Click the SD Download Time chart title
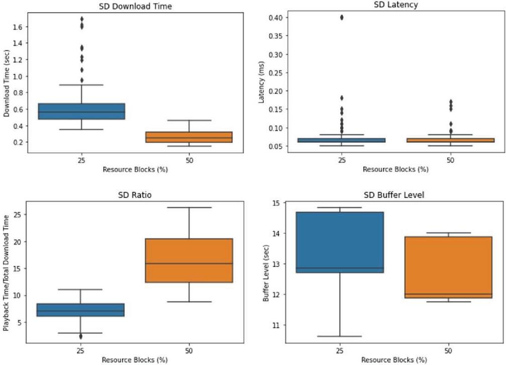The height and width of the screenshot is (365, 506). point(135,6)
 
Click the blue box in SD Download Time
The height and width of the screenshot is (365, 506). point(81,111)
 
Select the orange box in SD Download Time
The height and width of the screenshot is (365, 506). point(189,137)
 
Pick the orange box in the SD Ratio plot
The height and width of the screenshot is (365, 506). point(189,260)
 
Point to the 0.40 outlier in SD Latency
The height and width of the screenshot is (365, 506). point(342,17)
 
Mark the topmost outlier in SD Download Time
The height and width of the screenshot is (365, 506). point(81,20)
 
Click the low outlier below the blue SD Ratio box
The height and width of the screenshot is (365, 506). point(81,336)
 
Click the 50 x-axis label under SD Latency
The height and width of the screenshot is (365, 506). point(450,160)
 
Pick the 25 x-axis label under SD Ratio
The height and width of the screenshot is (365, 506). point(81,351)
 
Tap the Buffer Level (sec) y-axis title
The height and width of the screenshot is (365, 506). point(266,272)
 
